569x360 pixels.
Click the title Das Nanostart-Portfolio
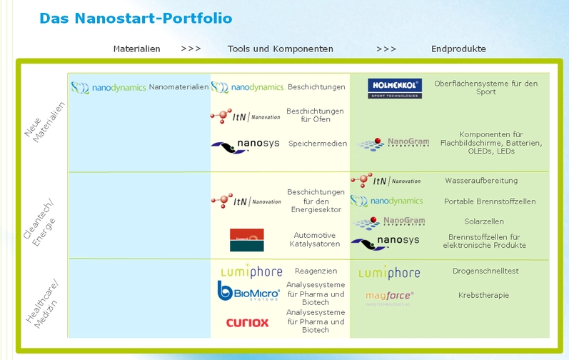point(136,18)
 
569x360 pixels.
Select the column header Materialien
point(136,49)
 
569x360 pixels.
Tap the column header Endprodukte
point(458,49)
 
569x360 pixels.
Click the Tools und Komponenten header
point(280,49)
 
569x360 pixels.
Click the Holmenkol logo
point(395,89)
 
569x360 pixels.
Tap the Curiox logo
point(247,323)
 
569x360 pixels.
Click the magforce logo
point(390,296)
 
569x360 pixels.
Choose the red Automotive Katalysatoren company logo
point(246,240)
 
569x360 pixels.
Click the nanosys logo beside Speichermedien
point(245,145)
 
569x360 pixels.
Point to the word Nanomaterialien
point(178,87)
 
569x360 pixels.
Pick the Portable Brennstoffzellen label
point(490,201)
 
